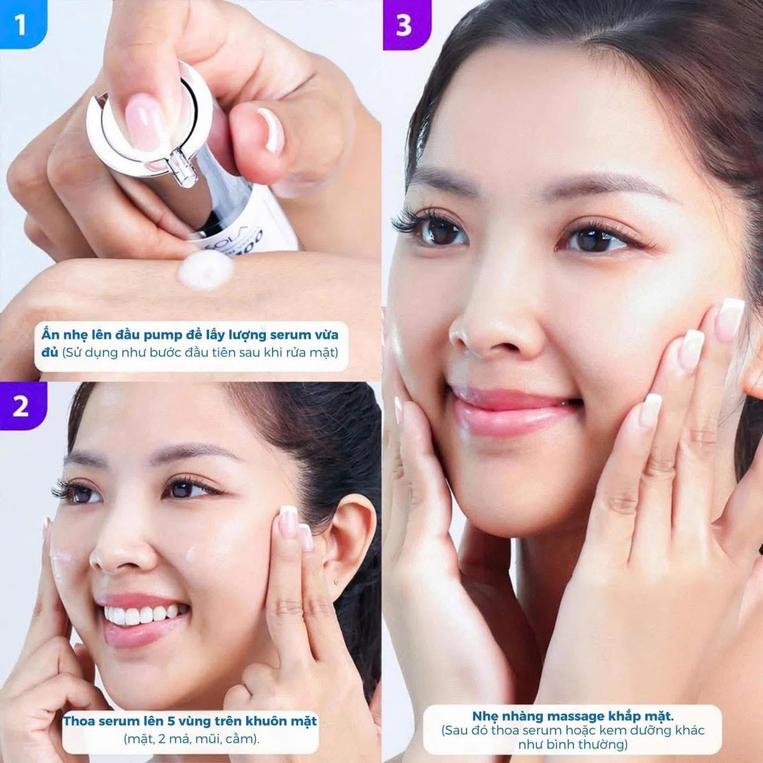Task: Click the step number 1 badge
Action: click(x=22, y=24)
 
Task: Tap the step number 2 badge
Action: click(x=22, y=405)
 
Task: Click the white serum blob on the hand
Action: click(x=206, y=271)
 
